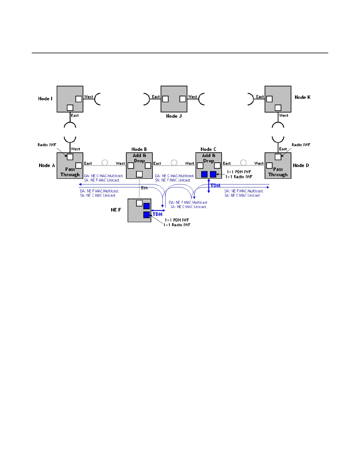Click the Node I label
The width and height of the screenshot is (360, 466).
tap(45, 99)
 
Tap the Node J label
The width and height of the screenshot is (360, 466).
tap(174, 116)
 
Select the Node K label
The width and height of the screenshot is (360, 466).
tap(302, 97)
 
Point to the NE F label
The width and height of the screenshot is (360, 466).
tap(116, 210)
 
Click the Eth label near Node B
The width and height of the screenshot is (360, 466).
tap(144, 188)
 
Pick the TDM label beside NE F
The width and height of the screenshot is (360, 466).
tap(158, 214)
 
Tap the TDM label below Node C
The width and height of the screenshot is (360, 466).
tap(216, 186)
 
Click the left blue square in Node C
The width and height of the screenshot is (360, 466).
tap(204, 174)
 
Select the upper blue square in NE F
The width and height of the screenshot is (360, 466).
tap(146, 206)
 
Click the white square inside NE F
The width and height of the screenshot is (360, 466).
tap(139, 203)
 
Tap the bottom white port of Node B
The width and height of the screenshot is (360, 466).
tap(139, 174)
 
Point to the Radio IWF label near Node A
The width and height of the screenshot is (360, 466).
tap(47, 145)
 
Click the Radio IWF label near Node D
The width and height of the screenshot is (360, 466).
tap(301, 145)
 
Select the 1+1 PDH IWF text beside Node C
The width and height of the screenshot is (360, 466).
tap(239, 172)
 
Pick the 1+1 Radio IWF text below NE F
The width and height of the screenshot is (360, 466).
tap(177, 225)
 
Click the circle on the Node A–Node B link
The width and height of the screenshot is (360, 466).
tap(105, 163)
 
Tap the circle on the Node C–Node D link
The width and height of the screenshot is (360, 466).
tap(243, 163)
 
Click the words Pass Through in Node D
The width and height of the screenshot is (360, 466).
tap(278, 172)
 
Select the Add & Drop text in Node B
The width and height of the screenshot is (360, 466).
tap(139, 158)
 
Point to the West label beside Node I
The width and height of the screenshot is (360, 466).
tap(89, 97)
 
